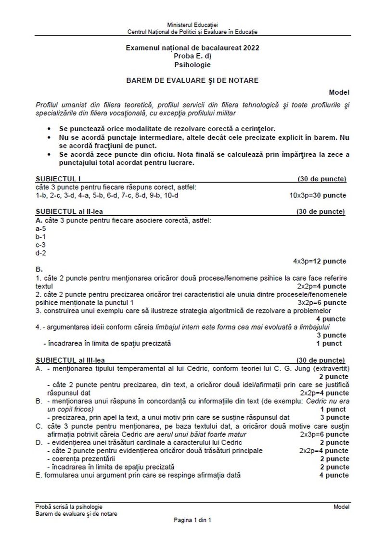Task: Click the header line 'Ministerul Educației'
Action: [x=192, y=24]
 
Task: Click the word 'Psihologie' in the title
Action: [x=192, y=64]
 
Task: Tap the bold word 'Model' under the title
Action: [x=339, y=92]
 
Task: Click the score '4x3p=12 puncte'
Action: [x=320, y=261]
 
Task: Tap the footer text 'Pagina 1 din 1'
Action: [x=192, y=520]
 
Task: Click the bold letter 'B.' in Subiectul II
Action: [x=39, y=269]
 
